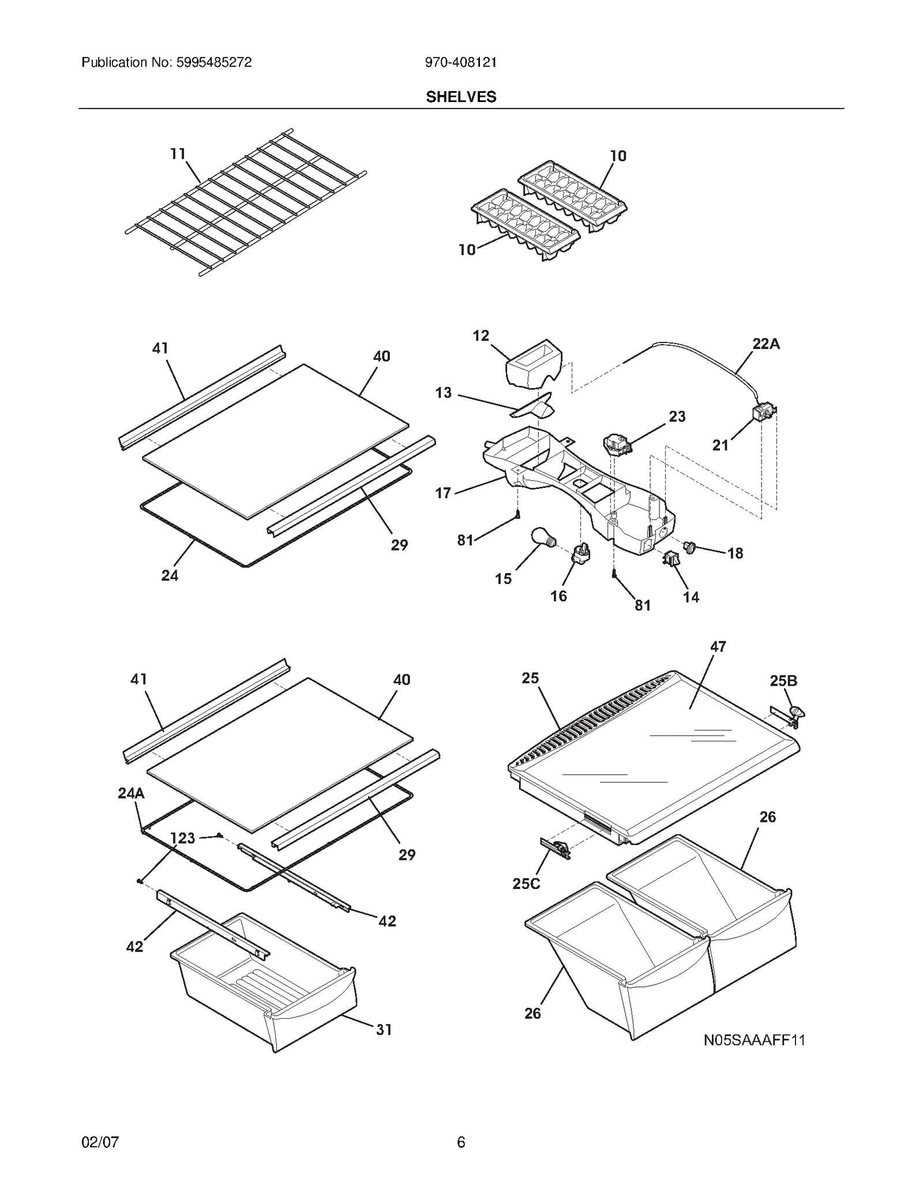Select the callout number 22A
pos(766,344)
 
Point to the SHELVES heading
pos(461,97)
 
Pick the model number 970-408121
pos(461,63)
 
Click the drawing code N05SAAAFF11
pos(754,1040)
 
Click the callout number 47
pos(718,647)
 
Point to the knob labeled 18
pos(689,545)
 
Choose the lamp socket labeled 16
pos(580,553)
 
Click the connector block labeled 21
pos(763,413)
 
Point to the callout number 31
pos(384,1030)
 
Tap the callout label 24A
pos(131,793)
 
